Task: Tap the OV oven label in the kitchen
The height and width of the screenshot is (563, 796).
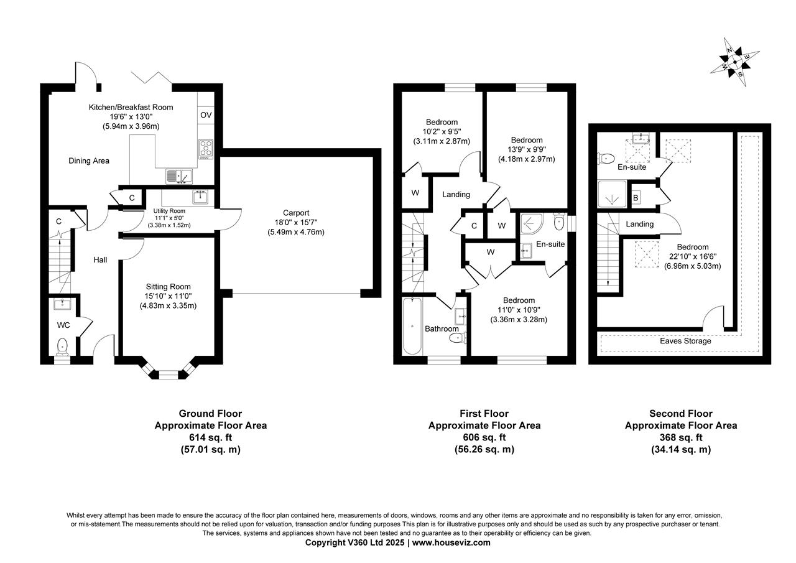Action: coord(205,115)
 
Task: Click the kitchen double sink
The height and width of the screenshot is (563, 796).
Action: coord(179,177)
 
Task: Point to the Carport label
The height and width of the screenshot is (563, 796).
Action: coord(295,213)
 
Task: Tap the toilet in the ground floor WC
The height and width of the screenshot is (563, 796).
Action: coord(62,346)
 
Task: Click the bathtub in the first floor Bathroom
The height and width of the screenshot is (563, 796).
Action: coord(412,325)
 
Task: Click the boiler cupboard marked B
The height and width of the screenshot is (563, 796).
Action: coord(636,198)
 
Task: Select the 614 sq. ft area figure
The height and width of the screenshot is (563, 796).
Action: coord(210,437)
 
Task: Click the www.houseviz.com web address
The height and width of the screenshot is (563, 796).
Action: coord(451,542)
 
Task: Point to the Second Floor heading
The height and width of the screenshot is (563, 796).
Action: coord(680,413)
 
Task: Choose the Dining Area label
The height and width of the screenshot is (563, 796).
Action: coord(89,161)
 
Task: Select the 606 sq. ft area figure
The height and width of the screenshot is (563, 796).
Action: coord(484,437)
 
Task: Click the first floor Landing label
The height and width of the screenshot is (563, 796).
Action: coord(456,195)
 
